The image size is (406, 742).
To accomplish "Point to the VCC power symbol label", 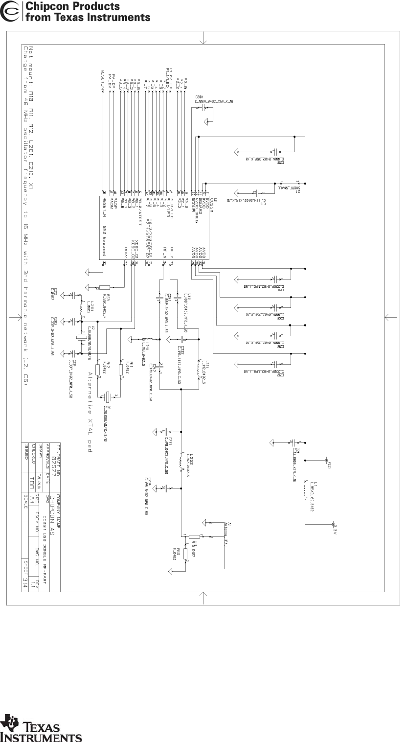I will pos(329,464).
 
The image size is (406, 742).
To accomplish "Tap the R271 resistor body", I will pos(105,288).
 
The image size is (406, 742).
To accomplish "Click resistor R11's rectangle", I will pos(121,369).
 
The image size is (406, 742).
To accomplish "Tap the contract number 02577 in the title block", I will pos(58,460).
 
